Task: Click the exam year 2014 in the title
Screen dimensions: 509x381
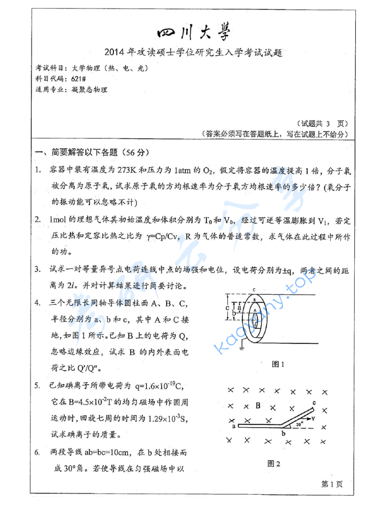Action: click(116, 52)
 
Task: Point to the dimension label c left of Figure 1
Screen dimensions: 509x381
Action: click(227, 307)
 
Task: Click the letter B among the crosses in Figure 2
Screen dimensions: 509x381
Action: click(257, 405)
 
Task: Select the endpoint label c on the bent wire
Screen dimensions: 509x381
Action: click(315, 402)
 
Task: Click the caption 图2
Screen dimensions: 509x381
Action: click(274, 463)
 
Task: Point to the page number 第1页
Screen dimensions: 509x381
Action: click(331, 484)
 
